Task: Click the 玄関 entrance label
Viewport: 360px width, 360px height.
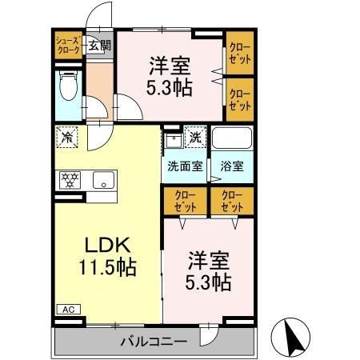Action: (100, 45)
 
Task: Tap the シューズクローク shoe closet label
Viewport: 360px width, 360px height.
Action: (66, 44)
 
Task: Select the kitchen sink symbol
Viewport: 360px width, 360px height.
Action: (102, 180)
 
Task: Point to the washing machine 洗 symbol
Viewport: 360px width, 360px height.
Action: (195, 137)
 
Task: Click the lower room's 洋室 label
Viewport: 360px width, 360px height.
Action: (209, 260)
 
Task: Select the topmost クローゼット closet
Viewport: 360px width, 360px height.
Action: (239, 53)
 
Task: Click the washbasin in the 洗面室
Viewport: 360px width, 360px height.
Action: (172, 141)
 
